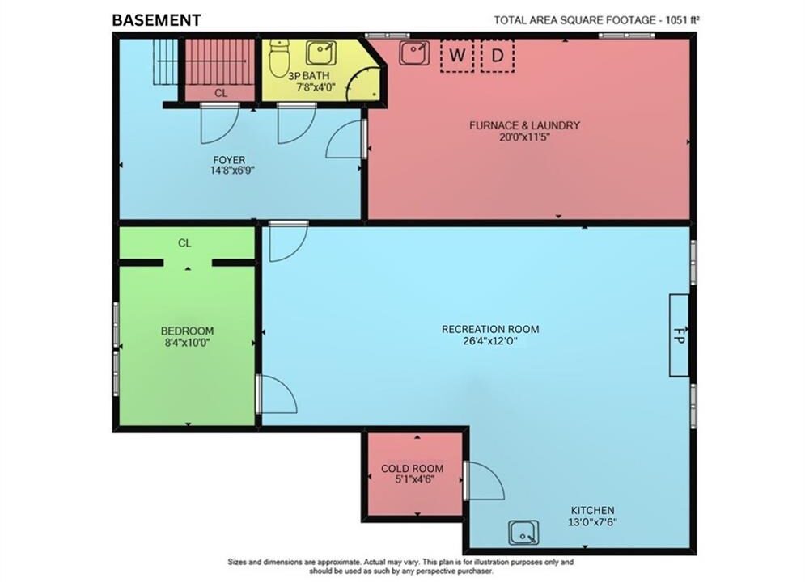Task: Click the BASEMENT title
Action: click(157, 20)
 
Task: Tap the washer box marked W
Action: click(457, 56)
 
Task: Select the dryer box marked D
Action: click(498, 56)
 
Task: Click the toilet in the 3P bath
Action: click(279, 57)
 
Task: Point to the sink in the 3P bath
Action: click(321, 53)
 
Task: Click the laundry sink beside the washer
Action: click(414, 53)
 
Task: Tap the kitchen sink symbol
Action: click(523, 533)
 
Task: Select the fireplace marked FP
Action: click(679, 335)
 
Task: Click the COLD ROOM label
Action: click(413, 468)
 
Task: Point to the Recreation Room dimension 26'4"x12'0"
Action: click(490, 340)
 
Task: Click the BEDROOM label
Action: click(188, 331)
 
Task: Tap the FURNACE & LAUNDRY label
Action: click(525, 125)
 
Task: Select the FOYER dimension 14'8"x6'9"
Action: click(232, 171)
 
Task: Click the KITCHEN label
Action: click(593, 510)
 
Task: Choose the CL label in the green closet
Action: click(184, 243)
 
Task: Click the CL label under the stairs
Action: click(221, 93)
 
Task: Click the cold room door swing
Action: click(485, 480)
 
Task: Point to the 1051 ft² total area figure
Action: click(684, 20)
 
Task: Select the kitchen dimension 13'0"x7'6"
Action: click(592, 522)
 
